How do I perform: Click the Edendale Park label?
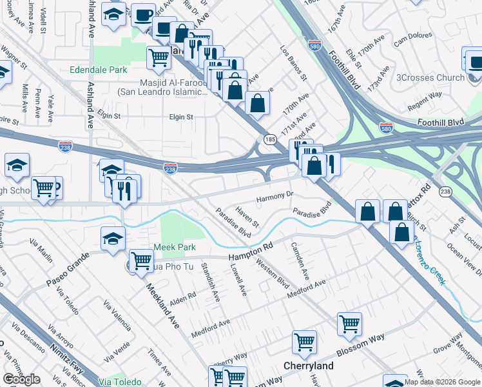coord(97,69)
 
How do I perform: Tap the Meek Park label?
coord(173,247)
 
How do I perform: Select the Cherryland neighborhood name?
coord(309,366)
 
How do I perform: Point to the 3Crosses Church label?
coord(430,77)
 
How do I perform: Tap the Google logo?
coord(21,379)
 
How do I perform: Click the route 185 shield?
coord(269,139)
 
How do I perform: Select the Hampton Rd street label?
coord(251,252)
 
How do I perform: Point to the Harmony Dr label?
coord(275,195)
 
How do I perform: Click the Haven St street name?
coord(247,217)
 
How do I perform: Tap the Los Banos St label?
coord(293,62)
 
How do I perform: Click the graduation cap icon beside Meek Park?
coord(113,238)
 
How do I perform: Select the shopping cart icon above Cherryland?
coord(304,343)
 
